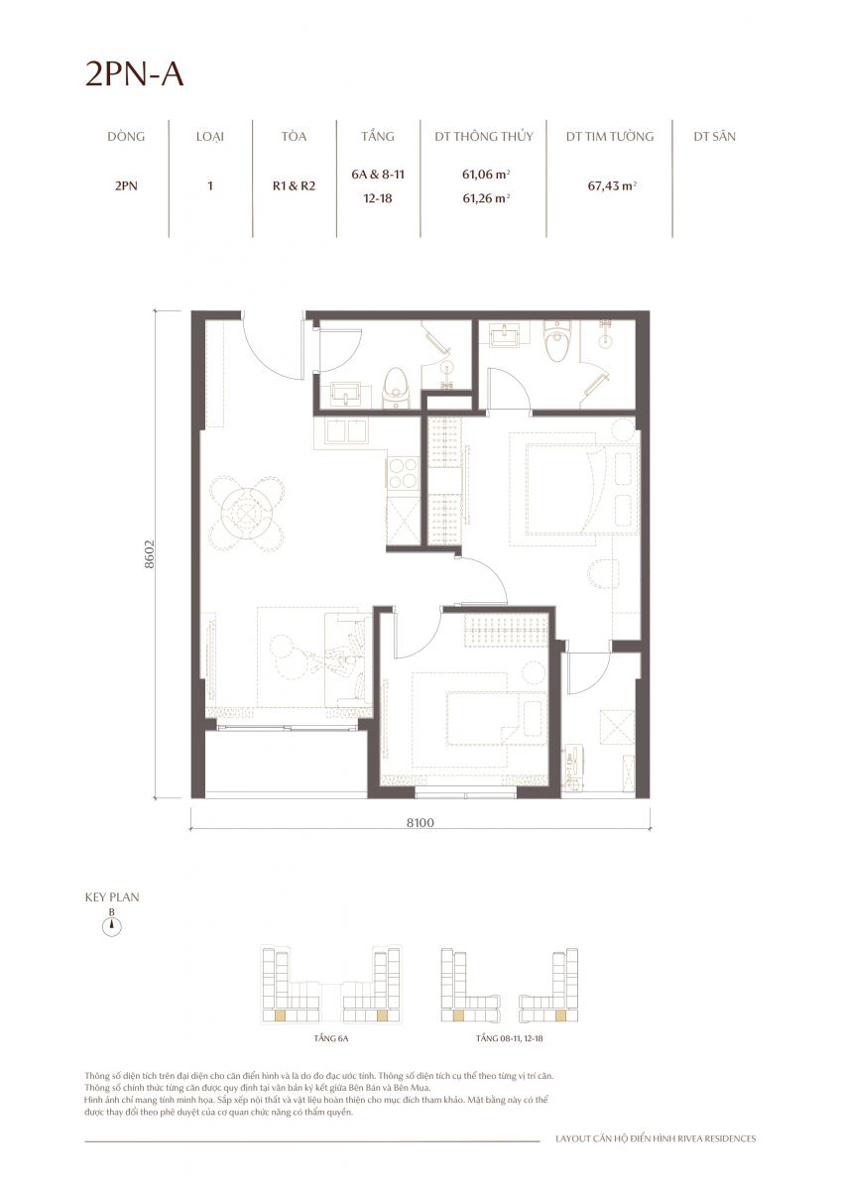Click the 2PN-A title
pos(135,74)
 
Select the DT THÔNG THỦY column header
pos(483,137)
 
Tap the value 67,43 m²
pos(612,186)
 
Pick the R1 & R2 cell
pos(294,186)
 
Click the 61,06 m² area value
pos(487,174)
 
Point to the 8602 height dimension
pos(150,554)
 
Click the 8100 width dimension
pos(420,822)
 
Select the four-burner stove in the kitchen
pos(404,473)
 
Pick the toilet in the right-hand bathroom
pos(557,340)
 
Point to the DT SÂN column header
pos(714,137)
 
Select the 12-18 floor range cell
pos(378,198)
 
